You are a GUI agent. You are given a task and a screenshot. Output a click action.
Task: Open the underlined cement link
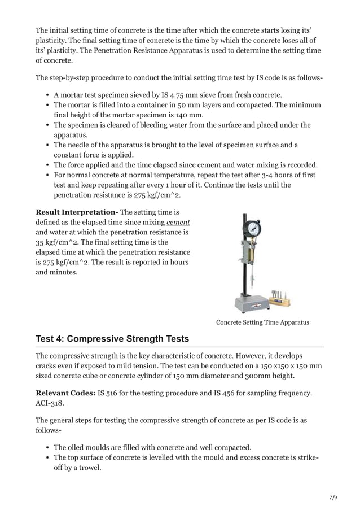[x=178, y=222]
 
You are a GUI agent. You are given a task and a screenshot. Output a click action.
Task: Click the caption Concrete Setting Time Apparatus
[x=262, y=322]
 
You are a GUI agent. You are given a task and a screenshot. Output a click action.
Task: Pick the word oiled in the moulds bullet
[x=78, y=447]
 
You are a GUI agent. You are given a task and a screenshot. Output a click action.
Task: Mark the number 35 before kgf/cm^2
[x=41, y=242]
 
